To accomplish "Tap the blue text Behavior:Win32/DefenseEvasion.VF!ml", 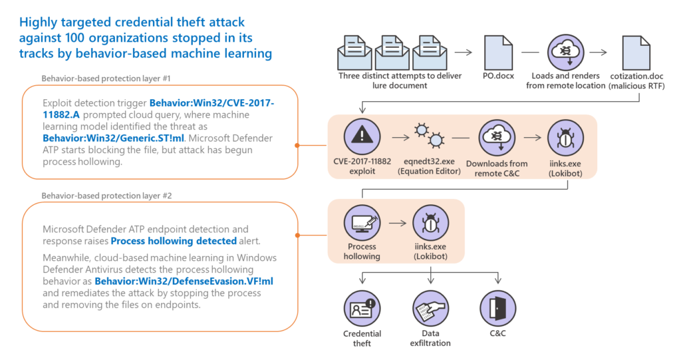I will (184, 281).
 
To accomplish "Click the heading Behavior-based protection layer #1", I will (106, 79).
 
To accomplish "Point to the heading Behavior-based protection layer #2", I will (106, 196).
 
